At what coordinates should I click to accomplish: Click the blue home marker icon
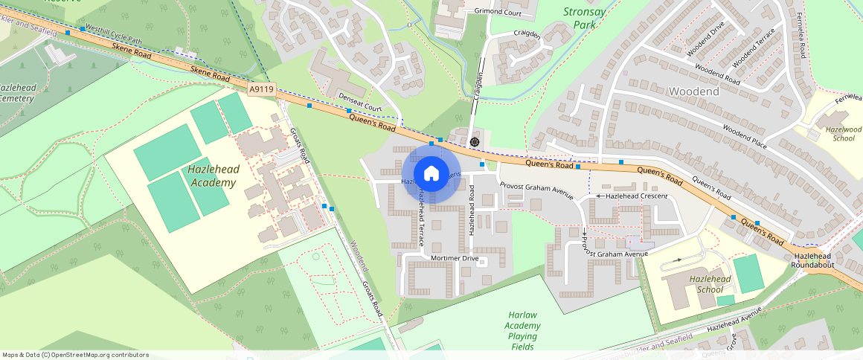pos(431,174)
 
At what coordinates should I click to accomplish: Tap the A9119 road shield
pos(262,89)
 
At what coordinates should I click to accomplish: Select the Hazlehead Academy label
pos(214,176)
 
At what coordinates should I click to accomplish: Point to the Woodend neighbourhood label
pos(693,91)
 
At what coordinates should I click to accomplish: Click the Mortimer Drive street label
pos(455,258)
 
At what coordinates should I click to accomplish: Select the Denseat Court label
pos(359,103)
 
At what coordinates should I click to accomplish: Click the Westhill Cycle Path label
pos(113,33)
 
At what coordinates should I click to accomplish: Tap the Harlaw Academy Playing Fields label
pos(523,331)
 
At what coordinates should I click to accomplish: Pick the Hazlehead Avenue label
pos(735,323)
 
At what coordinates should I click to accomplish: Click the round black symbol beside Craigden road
pos(475,141)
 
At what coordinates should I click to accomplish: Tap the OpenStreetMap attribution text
pos(75,355)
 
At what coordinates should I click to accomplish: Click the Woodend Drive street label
pos(705,43)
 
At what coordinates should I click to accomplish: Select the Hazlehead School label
pos(706,284)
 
